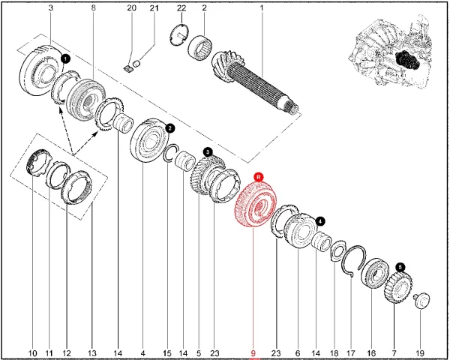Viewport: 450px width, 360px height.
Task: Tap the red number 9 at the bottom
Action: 253,352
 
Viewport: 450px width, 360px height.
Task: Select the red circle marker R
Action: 259,175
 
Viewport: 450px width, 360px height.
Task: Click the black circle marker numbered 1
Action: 65,58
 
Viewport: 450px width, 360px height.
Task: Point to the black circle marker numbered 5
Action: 400,266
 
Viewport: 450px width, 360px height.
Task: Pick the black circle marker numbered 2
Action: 170,128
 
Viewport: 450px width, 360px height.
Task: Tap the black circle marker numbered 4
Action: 320,221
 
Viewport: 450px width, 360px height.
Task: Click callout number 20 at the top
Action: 131,7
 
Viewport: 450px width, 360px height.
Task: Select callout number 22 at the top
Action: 181,7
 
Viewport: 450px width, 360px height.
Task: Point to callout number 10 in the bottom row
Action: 32,352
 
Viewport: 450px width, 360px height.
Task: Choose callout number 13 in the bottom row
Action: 92,352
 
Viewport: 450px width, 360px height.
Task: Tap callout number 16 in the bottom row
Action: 370,352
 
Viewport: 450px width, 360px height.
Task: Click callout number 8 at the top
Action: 93,7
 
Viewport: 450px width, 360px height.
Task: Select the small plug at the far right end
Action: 419,299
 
